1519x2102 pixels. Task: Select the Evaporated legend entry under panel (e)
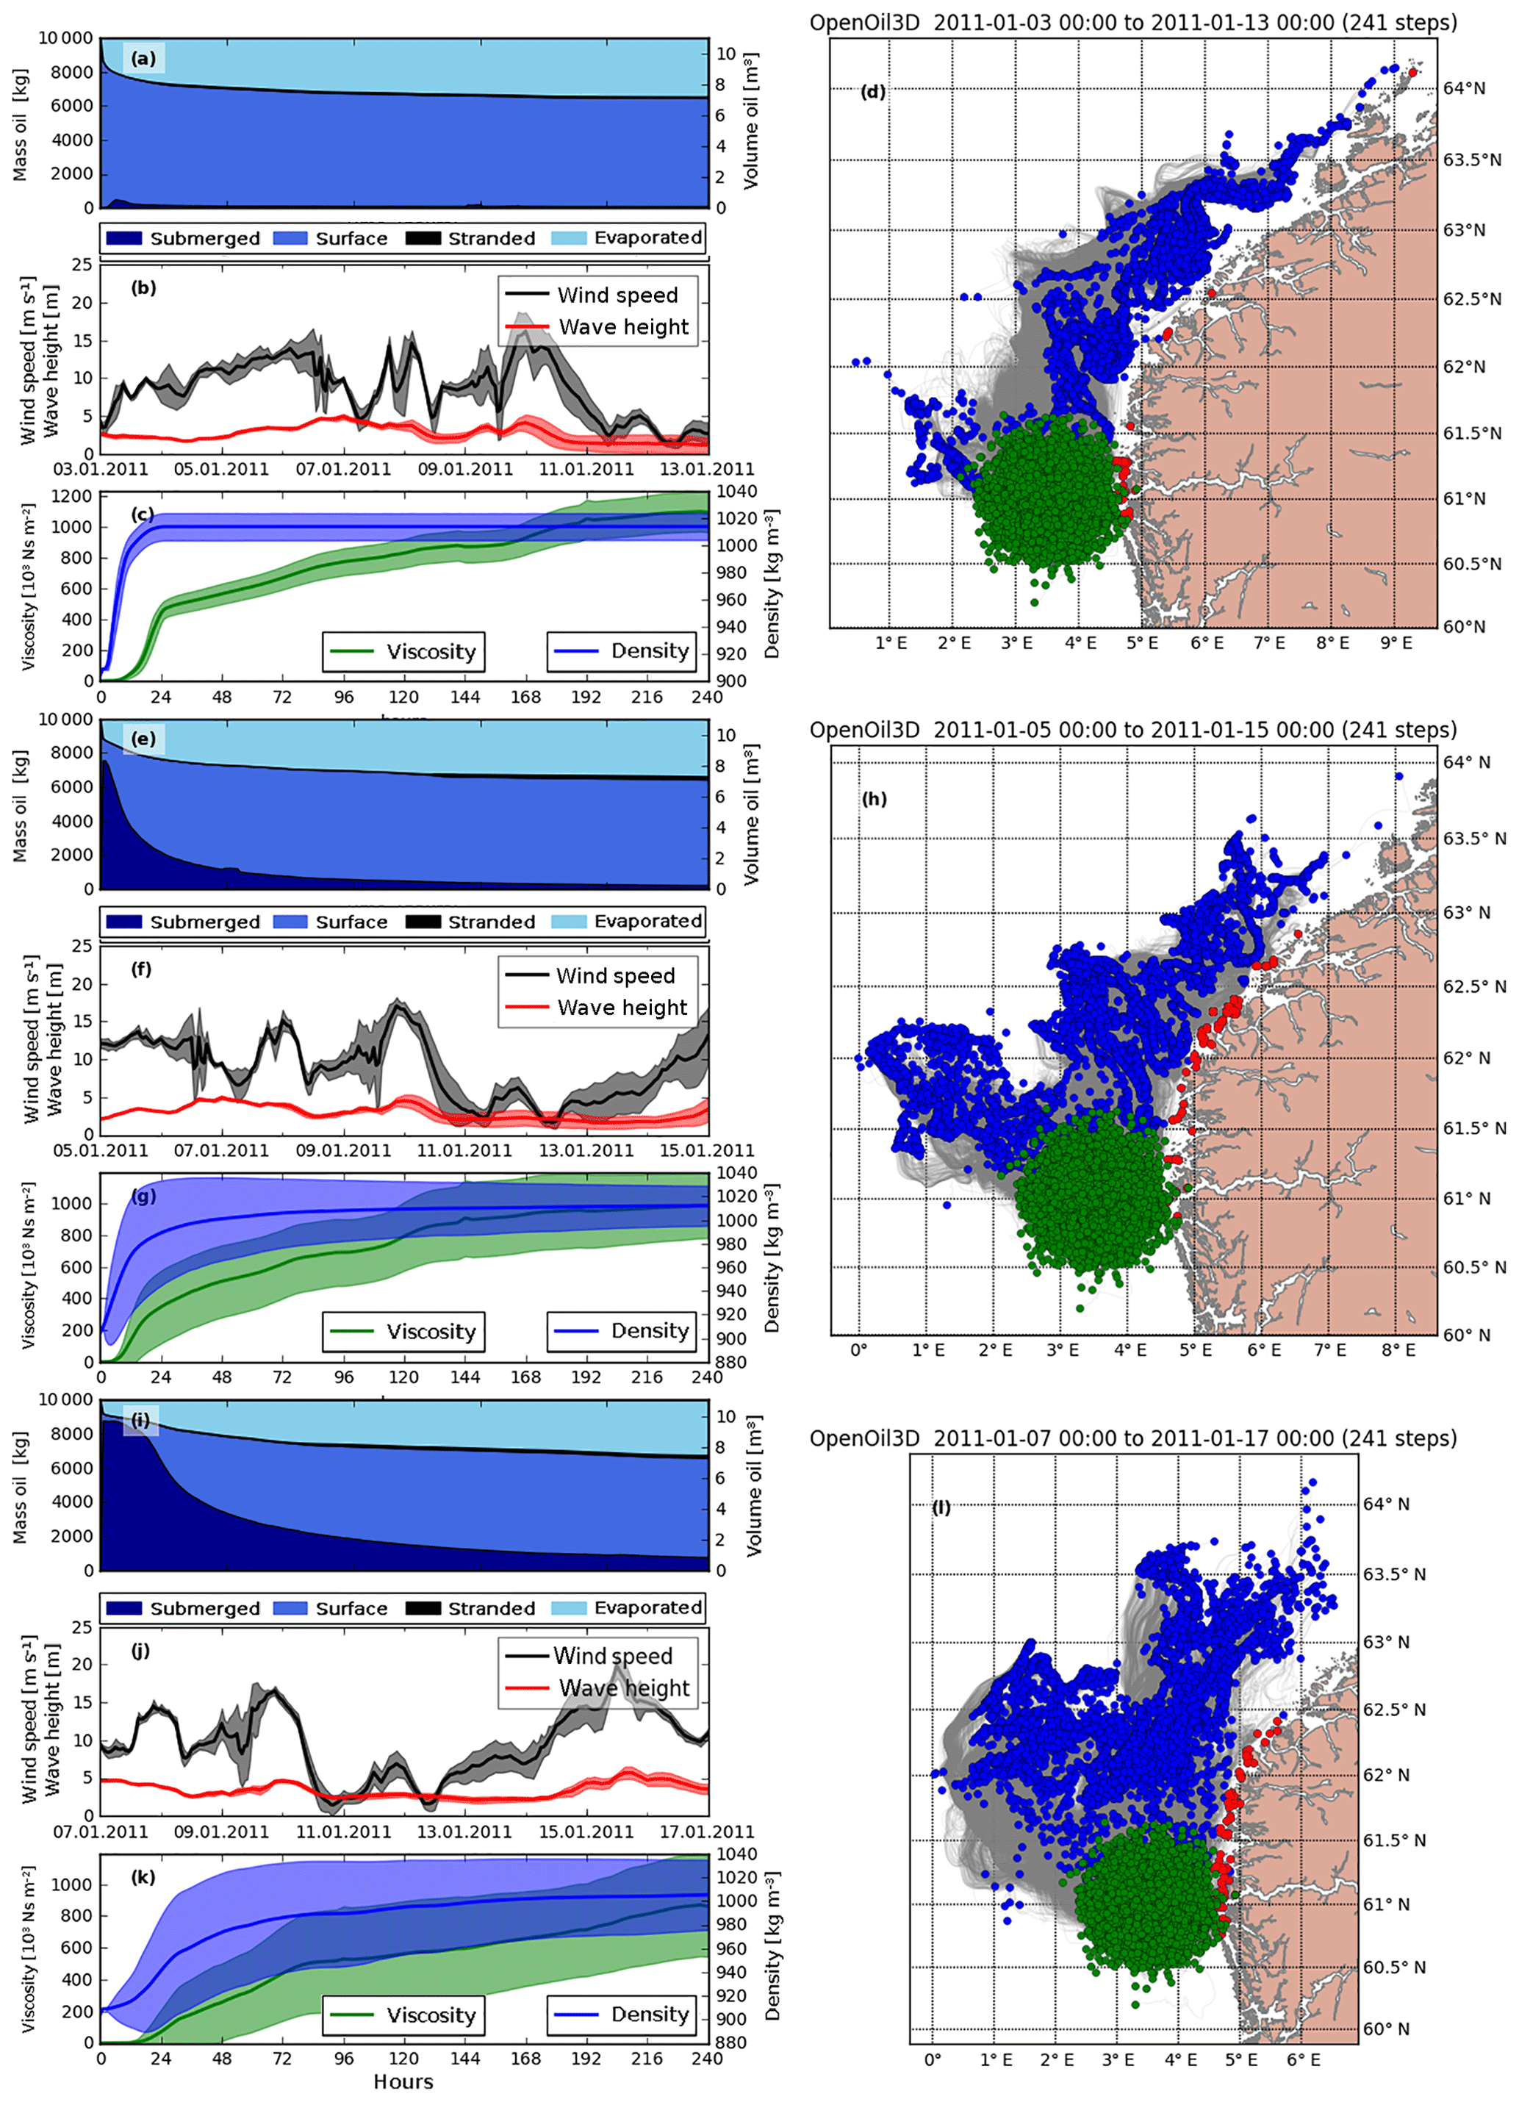(628, 921)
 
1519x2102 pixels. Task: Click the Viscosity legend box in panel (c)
(403, 651)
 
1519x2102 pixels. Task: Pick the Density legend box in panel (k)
(621, 2015)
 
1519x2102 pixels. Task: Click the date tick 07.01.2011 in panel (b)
(343, 469)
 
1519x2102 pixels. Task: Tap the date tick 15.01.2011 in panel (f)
(707, 1150)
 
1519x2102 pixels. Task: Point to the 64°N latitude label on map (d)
(1465, 89)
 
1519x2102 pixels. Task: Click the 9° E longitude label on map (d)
(1395, 642)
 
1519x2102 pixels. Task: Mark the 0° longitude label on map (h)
(859, 1350)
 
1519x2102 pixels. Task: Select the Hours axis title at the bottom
(403, 2081)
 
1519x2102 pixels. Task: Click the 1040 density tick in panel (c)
(738, 491)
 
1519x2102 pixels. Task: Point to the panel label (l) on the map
(941, 1508)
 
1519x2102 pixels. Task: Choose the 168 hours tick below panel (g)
(525, 1377)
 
